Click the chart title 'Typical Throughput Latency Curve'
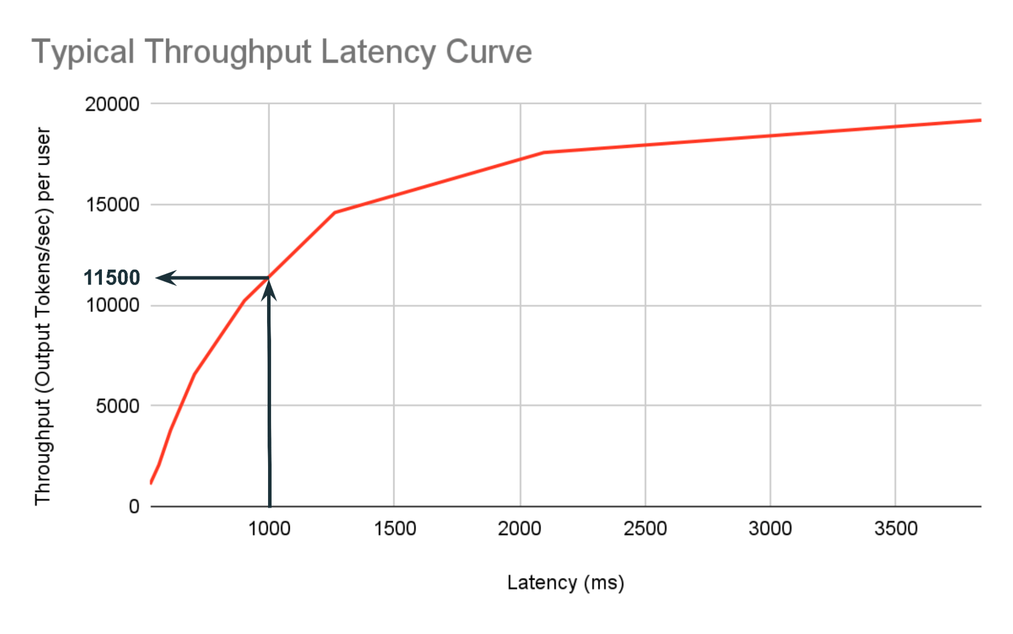click(282, 52)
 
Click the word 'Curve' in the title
click(489, 52)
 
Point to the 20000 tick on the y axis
click(112, 104)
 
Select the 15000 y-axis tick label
click(112, 205)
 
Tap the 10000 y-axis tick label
click(112, 305)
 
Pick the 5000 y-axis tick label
click(118, 406)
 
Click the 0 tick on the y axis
click(134, 506)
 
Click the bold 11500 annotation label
click(112, 278)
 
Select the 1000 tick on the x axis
click(269, 529)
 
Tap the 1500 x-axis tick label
click(395, 529)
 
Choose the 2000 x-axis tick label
click(519, 529)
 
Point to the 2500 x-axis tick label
click(645, 529)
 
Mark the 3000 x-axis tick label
click(770, 529)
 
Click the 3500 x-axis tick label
click(896, 529)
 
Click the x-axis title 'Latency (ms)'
click(566, 583)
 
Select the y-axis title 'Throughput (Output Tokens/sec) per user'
click(44, 316)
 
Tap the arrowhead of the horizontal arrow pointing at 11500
click(165, 278)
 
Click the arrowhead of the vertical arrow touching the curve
click(269, 290)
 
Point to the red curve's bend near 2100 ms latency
click(543, 152)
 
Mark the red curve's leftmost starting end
click(151, 483)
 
